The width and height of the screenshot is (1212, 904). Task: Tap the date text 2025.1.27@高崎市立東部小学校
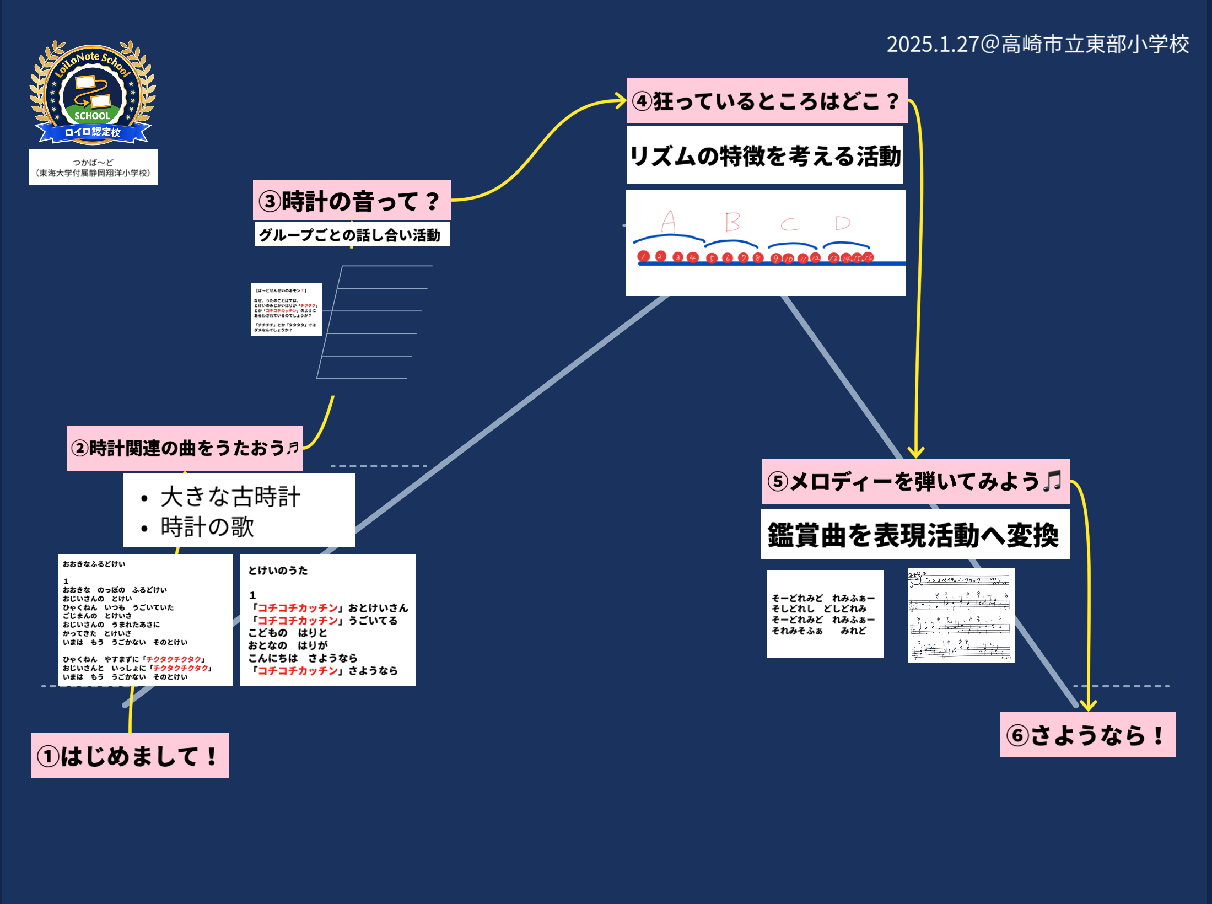1037,44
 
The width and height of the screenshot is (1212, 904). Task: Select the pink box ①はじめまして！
130,755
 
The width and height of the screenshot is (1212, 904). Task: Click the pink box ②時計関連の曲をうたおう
185,448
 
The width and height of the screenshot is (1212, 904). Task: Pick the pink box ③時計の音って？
351,201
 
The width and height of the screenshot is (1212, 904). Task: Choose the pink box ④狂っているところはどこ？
766,101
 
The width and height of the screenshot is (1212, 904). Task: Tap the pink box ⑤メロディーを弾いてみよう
915,481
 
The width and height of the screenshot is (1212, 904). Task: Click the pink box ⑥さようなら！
1087,734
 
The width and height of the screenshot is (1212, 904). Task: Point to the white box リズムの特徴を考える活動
764,155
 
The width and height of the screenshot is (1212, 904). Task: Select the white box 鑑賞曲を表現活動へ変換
914,534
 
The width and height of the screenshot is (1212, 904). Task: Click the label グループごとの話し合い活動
352,235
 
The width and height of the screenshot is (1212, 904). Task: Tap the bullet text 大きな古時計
230,497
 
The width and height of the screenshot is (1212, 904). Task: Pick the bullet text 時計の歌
207,527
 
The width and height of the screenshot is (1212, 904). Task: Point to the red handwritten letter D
842,223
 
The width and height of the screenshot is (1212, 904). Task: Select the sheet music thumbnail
961,615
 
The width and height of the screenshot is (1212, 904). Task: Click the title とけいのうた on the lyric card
278,571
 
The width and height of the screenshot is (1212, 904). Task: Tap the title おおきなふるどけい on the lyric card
94,564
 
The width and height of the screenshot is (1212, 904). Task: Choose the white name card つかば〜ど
93,167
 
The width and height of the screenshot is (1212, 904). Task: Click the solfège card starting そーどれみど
824,614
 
